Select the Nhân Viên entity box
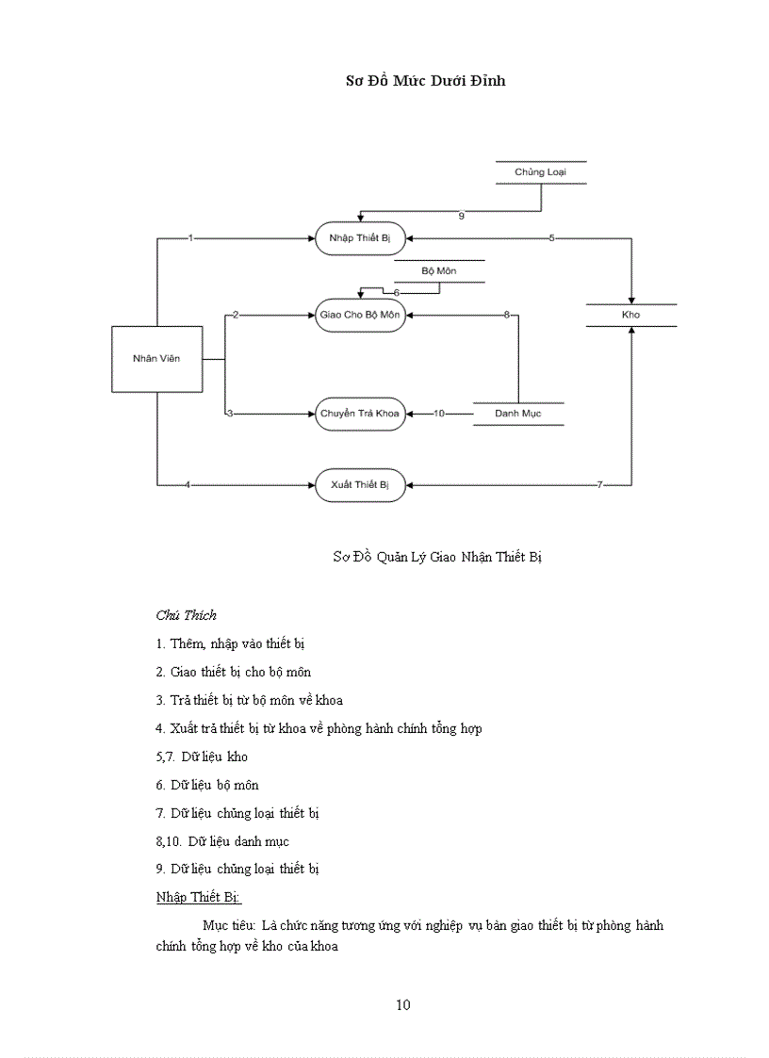click(156, 359)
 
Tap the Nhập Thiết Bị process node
click(360, 239)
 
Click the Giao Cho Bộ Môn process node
click(361, 316)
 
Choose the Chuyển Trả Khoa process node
click(360, 414)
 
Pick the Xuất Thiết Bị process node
click(360, 485)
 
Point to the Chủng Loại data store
click(540, 172)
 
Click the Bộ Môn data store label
click(439, 271)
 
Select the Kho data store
click(630, 315)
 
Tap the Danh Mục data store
click(517, 414)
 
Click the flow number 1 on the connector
click(190, 239)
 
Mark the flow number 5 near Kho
click(552, 239)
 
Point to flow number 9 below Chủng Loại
click(461, 217)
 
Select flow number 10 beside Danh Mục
click(439, 414)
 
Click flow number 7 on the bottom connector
click(599, 485)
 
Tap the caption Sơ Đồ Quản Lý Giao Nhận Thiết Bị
click(437, 557)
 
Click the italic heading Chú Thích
click(187, 615)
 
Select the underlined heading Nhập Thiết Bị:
click(199, 897)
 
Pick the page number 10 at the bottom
click(402, 1005)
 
